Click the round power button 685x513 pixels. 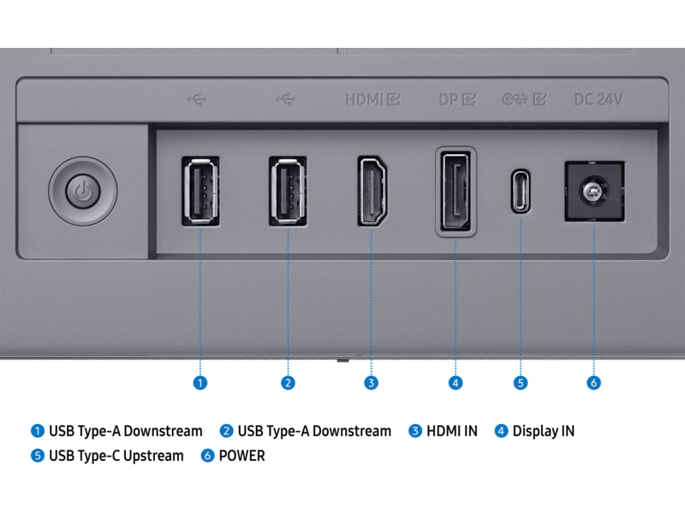(81, 189)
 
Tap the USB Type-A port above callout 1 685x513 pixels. (200, 191)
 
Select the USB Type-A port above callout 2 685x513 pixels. (288, 191)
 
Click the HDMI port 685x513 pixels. (371, 191)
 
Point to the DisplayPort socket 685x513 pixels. (456, 192)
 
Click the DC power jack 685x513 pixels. (593, 192)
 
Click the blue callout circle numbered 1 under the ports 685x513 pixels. (200, 382)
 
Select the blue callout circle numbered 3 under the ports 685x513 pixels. (371, 382)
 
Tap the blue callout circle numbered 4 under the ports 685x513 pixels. (456, 382)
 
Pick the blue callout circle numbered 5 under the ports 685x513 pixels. (521, 382)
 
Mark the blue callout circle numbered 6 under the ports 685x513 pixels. (593, 382)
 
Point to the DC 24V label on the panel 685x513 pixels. (598, 98)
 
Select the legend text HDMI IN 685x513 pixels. (452, 431)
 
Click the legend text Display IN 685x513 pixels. (543, 431)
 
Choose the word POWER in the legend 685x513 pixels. (242, 456)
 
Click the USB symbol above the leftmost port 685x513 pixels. (196, 98)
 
